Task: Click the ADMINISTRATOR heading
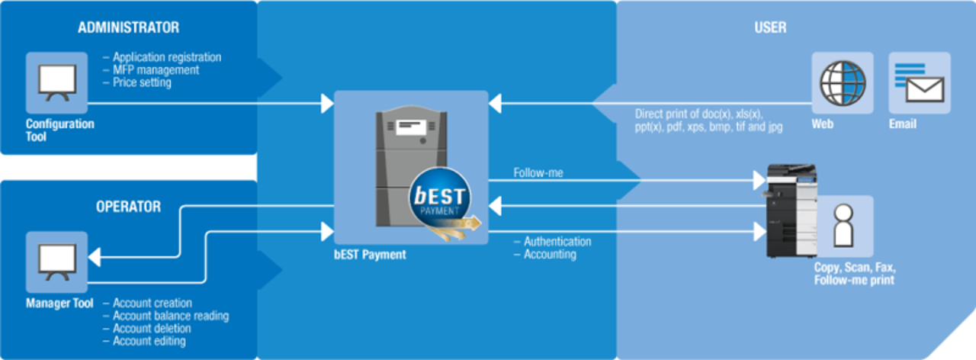pyautogui.click(x=128, y=27)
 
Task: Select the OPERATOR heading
pyautogui.click(x=128, y=207)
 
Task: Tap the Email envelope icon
pyautogui.click(x=919, y=82)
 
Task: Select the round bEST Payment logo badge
pyautogui.click(x=440, y=196)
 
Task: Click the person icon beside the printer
pyautogui.click(x=843, y=226)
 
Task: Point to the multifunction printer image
pyautogui.click(x=790, y=211)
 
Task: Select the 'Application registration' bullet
pyautogui.click(x=166, y=57)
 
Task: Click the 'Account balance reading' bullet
pyautogui.click(x=170, y=316)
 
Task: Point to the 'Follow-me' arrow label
pyautogui.click(x=538, y=173)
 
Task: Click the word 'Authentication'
pyautogui.click(x=557, y=241)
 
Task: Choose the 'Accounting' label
pyautogui.click(x=549, y=254)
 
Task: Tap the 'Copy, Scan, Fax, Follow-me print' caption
pyautogui.click(x=854, y=275)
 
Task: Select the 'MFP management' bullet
pyautogui.click(x=156, y=70)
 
